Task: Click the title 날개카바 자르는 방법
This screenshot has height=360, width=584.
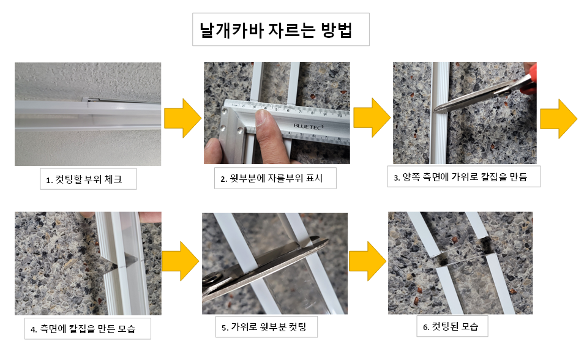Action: click(x=280, y=30)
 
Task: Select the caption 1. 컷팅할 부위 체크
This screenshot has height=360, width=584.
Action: click(x=85, y=180)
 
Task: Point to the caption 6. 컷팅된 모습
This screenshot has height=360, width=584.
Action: click(x=455, y=327)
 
